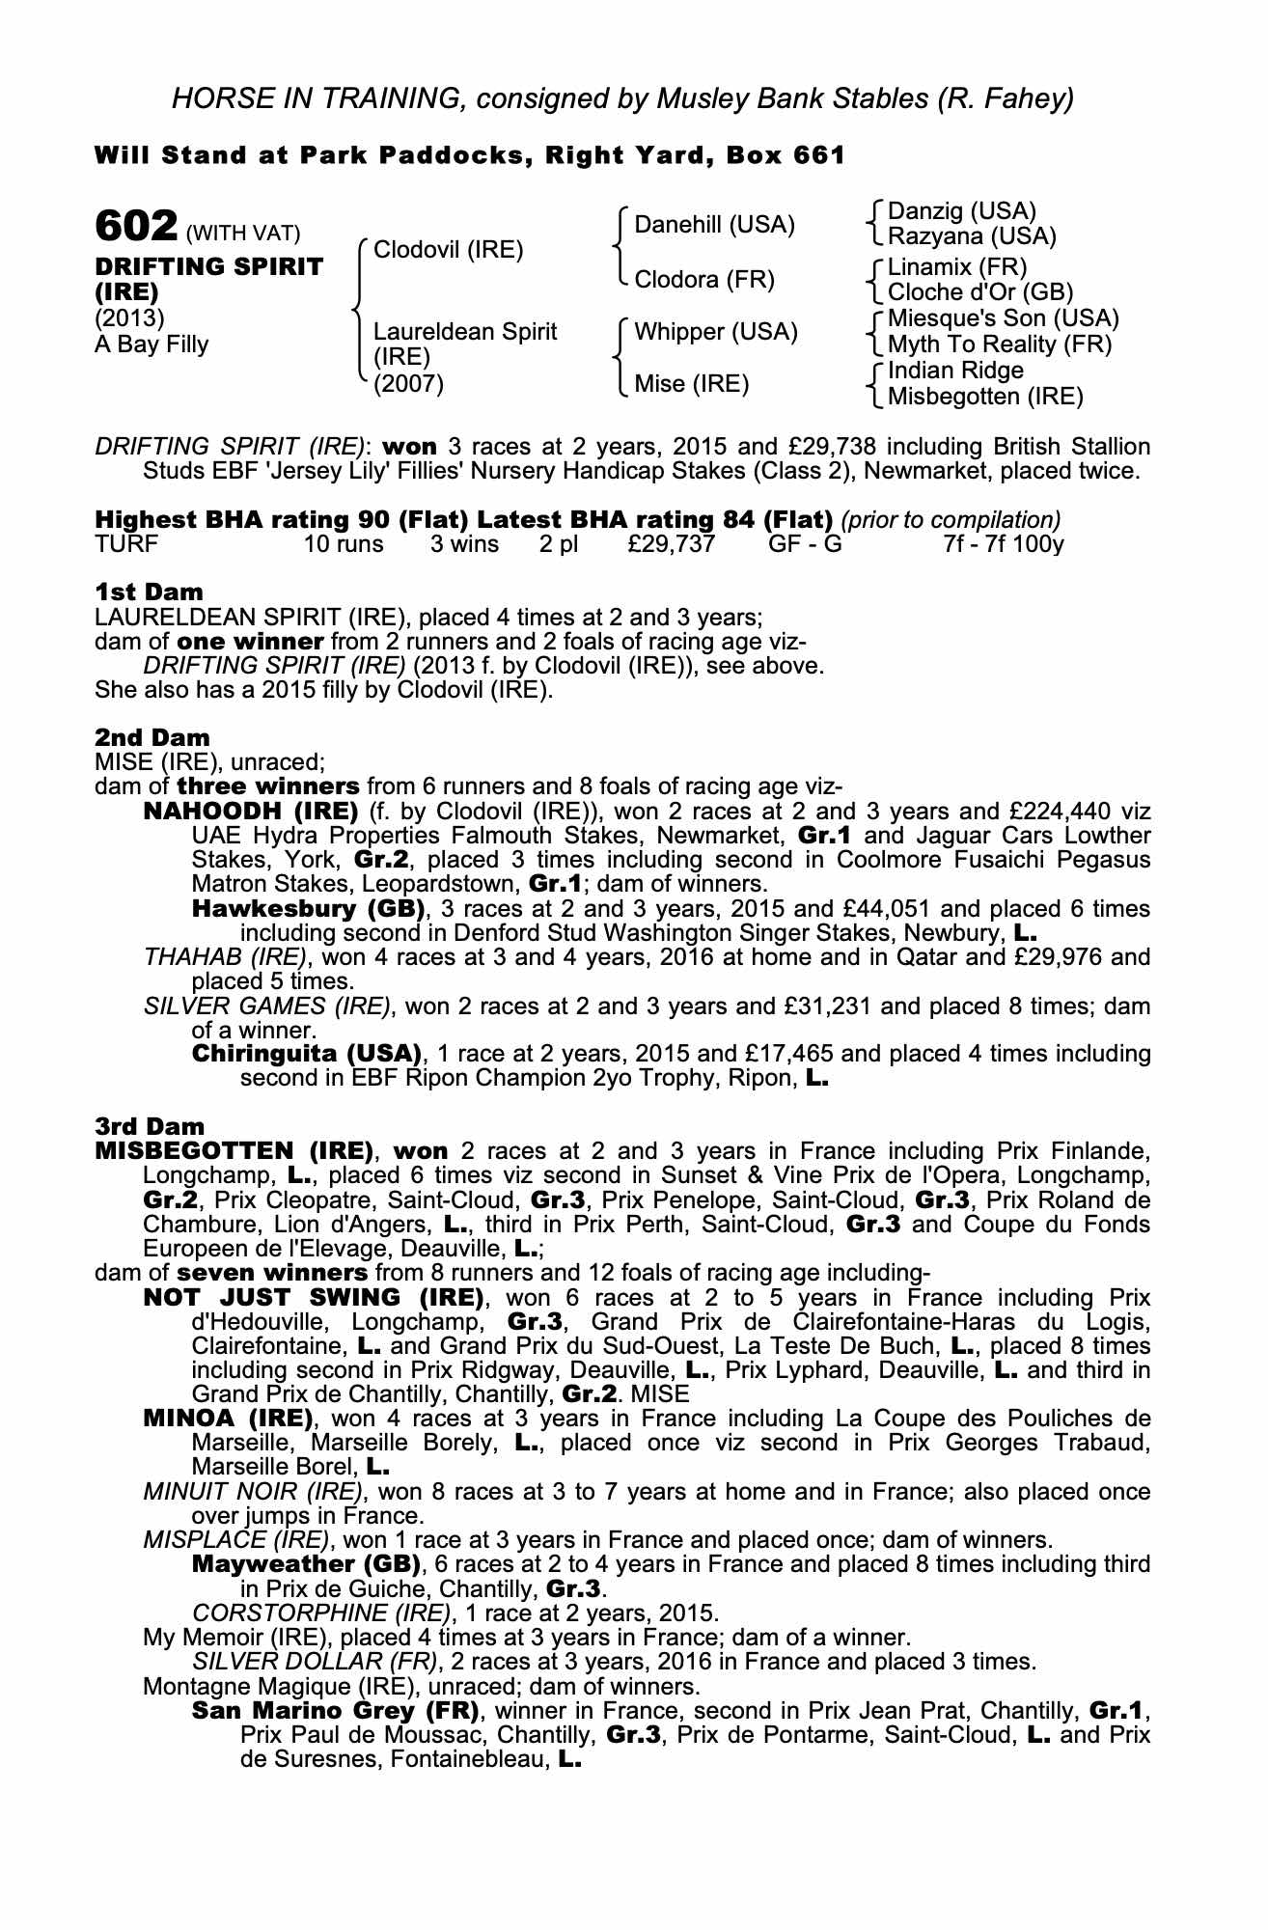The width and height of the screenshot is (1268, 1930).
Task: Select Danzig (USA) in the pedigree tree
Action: coord(961,211)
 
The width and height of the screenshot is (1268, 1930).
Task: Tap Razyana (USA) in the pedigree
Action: coord(972,236)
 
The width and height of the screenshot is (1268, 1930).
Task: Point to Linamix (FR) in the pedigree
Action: coord(957,266)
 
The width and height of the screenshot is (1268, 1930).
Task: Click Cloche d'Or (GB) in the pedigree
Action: coord(979,292)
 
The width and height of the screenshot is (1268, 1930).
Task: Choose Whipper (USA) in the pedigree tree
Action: coord(715,332)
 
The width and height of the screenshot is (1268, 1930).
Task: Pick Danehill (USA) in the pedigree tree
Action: coord(714,225)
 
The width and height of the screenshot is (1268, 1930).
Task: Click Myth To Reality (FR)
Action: coord(999,345)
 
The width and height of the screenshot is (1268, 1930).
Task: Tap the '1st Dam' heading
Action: coord(149,592)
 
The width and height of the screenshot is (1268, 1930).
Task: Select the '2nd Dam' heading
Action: coord(152,738)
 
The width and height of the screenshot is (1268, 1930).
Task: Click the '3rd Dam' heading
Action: coord(150,1126)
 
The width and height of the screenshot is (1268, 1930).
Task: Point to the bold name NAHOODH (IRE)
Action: coord(251,812)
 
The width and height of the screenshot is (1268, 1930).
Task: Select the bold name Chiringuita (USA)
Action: coord(307,1053)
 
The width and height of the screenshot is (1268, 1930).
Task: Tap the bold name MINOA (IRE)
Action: coord(228,1419)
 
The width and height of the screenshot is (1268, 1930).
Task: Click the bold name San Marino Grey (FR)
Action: coord(336,1712)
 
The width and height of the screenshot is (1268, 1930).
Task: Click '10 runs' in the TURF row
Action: coord(344,544)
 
